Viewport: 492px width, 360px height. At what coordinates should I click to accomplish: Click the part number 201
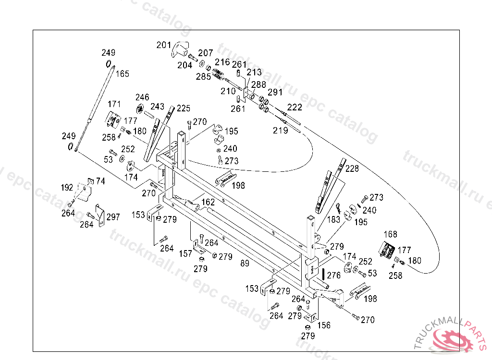click(x=164, y=45)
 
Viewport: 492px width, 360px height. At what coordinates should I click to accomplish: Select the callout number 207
click(x=206, y=53)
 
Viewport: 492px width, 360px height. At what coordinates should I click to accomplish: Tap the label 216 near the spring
click(x=222, y=62)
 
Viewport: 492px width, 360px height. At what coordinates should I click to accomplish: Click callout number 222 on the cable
click(x=295, y=107)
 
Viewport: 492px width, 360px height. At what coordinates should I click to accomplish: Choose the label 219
click(x=281, y=130)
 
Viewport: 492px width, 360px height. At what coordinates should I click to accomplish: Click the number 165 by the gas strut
click(x=122, y=74)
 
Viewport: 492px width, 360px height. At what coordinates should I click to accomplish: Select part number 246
click(x=142, y=97)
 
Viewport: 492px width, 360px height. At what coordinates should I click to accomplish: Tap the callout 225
click(x=184, y=108)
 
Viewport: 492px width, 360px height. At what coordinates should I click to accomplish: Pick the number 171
click(x=114, y=104)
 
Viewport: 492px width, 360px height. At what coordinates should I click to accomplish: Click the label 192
click(x=67, y=187)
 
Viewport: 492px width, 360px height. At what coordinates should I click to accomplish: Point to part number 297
click(x=113, y=217)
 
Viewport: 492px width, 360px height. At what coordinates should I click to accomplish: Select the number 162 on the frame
click(x=208, y=203)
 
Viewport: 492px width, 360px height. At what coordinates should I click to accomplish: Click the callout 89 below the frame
click(x=245, y=263)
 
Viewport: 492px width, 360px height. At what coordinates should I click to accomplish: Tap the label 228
click(x=352, y=168)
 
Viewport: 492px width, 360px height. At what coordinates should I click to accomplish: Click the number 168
click(x=391, y=234)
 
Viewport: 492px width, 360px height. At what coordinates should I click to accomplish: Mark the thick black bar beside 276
click(x=324, y=275)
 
